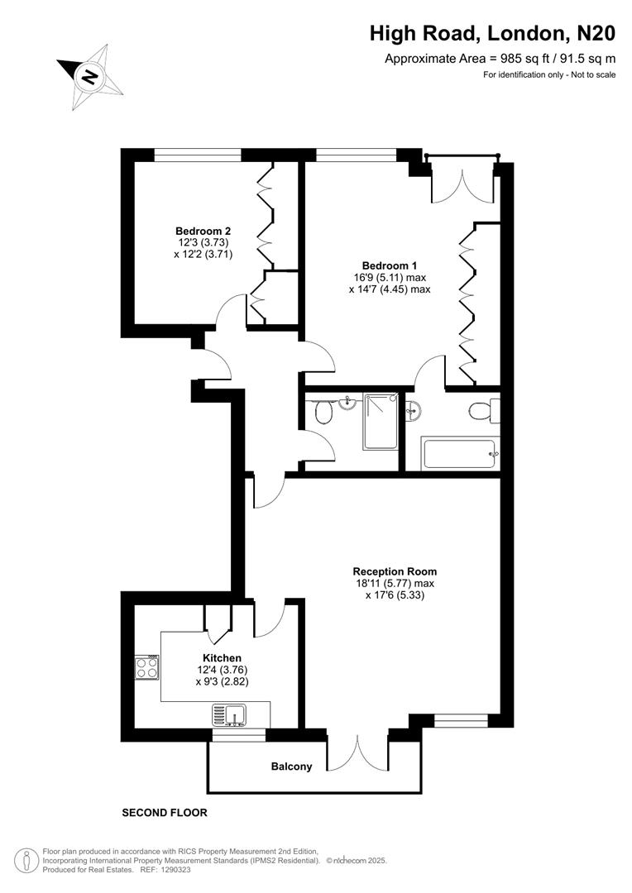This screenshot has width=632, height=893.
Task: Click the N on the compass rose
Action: click(x=89, y=78)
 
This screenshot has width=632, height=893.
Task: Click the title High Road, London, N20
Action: click(x=492, y=33)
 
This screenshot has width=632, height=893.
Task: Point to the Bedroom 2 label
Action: click(x=203, y=231)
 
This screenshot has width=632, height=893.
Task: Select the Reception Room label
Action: click(x=395, y=571)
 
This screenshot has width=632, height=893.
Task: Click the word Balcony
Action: click(x=292, y=766)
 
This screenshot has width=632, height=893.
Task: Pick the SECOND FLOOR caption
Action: click(x=165, y=813)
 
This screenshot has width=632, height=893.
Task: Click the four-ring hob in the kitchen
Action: click(x=147, y=666)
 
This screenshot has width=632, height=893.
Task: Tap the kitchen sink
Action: click(x=231, y=713)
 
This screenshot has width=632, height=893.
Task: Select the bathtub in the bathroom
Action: click(x=458, y=453)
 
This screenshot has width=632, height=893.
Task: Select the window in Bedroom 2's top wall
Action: click(x=198, y=154)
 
